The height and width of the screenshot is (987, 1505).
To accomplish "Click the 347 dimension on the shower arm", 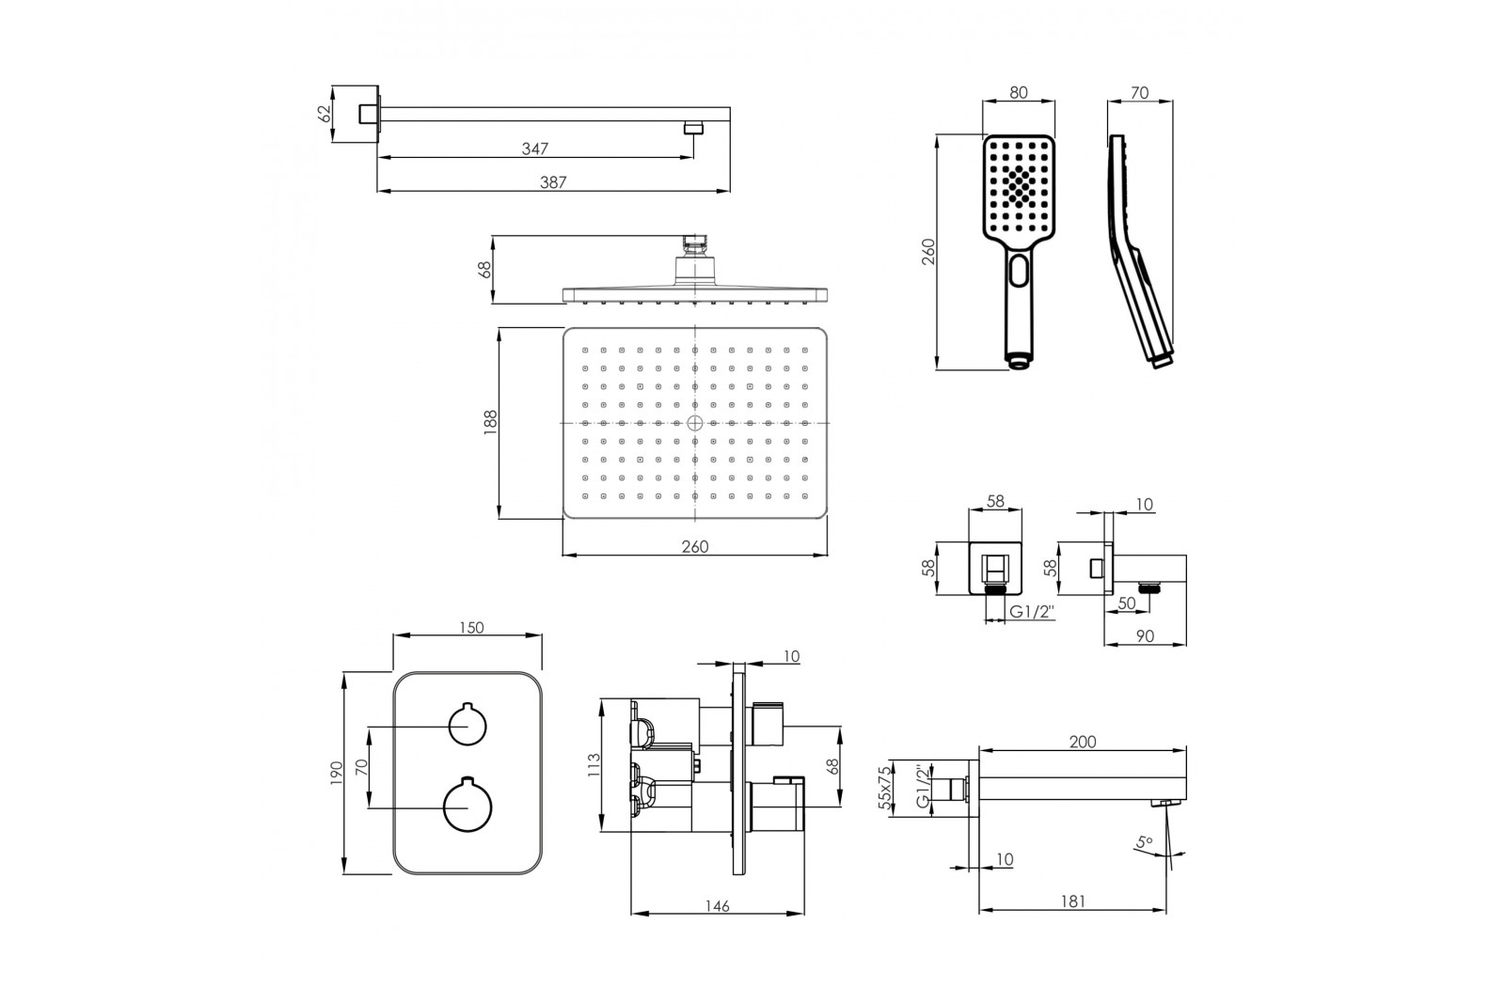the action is [535, 149].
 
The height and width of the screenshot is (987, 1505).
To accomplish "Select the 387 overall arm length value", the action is [553, 182].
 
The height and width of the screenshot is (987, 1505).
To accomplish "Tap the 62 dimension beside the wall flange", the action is [325, 114].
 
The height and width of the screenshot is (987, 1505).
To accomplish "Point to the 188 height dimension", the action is [490, 423].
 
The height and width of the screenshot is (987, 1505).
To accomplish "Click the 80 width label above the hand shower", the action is [1019, 93].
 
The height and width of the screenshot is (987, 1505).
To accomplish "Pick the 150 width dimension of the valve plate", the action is [471, 628].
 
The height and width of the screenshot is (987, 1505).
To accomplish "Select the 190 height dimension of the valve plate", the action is [337, 773].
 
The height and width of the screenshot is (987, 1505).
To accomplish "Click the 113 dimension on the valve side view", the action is [594, 765].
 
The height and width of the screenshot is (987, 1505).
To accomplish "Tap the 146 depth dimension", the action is [717, 906].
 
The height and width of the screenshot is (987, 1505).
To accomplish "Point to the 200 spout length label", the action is [1083, 742].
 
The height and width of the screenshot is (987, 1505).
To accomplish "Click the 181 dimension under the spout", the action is [1072, 901].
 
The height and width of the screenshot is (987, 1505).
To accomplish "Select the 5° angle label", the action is [1144, 841].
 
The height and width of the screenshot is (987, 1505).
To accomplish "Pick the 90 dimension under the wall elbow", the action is [1144, 635].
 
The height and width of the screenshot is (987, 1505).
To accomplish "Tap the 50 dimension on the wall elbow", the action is [1127, 603].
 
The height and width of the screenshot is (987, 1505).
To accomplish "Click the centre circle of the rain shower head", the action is [695, 423].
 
